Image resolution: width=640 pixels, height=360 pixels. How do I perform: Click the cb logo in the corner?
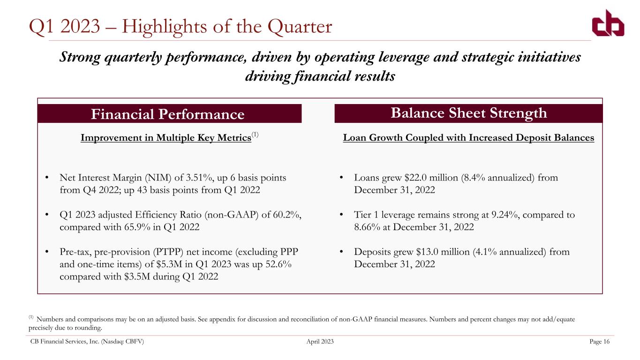click(x=608, y=23)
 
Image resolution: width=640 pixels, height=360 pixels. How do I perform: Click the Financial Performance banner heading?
click(x=168, y=114)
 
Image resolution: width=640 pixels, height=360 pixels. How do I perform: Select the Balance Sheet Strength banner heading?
click(x=469, y=113)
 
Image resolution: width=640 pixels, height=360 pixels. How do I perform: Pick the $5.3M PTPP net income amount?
click(x=169, y=264)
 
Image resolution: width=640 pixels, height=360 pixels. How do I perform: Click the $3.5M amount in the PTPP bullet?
click(x=137, y=277)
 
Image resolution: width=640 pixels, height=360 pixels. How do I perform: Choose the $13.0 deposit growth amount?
click(x=427, y=252)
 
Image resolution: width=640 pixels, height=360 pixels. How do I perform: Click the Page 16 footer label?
click(x=599, y=341)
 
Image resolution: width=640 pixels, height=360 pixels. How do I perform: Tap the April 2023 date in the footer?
click(x=320, y=341)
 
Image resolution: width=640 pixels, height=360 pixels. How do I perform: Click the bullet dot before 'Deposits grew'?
click(x=341, y=252)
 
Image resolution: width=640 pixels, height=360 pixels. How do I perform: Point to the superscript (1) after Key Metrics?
click(x=255, y=135)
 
